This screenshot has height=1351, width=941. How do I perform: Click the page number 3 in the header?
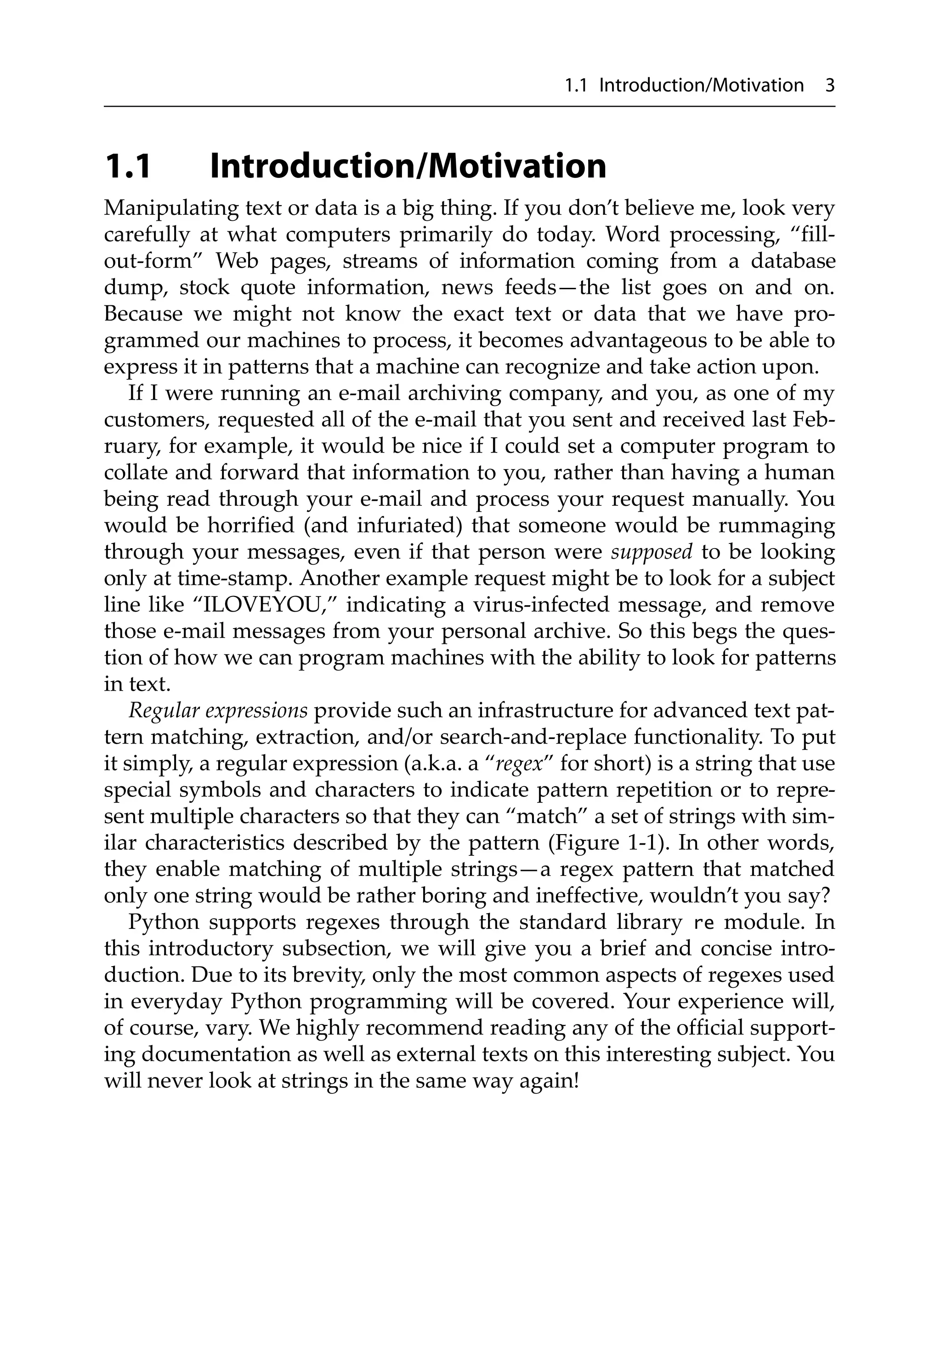[830, 86]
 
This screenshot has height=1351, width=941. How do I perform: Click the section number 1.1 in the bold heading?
[128, 166]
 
